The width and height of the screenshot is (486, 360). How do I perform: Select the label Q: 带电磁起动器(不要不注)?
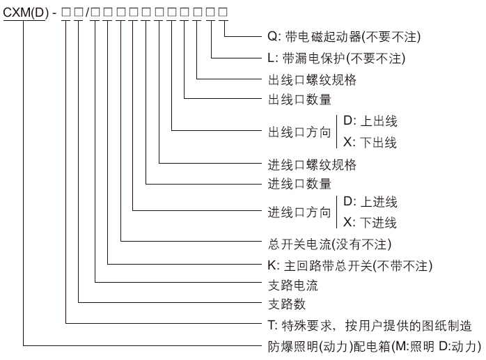344,37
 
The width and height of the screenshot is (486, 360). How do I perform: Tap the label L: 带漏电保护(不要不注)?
336,58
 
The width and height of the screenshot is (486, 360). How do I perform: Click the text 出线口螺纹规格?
312,79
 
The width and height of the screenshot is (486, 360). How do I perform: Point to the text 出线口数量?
299,100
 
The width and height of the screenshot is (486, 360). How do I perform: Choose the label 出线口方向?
299,132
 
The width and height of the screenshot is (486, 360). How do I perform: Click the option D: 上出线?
370,120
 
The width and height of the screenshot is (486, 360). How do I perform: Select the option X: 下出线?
370,142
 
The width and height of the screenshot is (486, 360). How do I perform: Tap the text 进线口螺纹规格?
312,164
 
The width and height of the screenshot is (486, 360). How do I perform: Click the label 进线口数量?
299,184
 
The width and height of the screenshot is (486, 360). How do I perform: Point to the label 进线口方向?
299,212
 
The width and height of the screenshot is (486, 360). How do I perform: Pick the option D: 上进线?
370,201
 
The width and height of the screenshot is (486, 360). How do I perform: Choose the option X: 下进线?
370,222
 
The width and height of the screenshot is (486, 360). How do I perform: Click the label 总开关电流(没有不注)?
330,244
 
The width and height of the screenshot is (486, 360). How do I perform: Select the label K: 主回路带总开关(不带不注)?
350,266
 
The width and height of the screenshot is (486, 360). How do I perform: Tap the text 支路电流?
293,285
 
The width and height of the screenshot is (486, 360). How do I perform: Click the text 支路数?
287,304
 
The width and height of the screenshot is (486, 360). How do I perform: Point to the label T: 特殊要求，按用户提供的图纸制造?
370,326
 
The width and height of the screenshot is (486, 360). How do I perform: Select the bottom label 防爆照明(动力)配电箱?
375,346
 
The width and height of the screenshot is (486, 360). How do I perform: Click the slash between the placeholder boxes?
88,13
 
